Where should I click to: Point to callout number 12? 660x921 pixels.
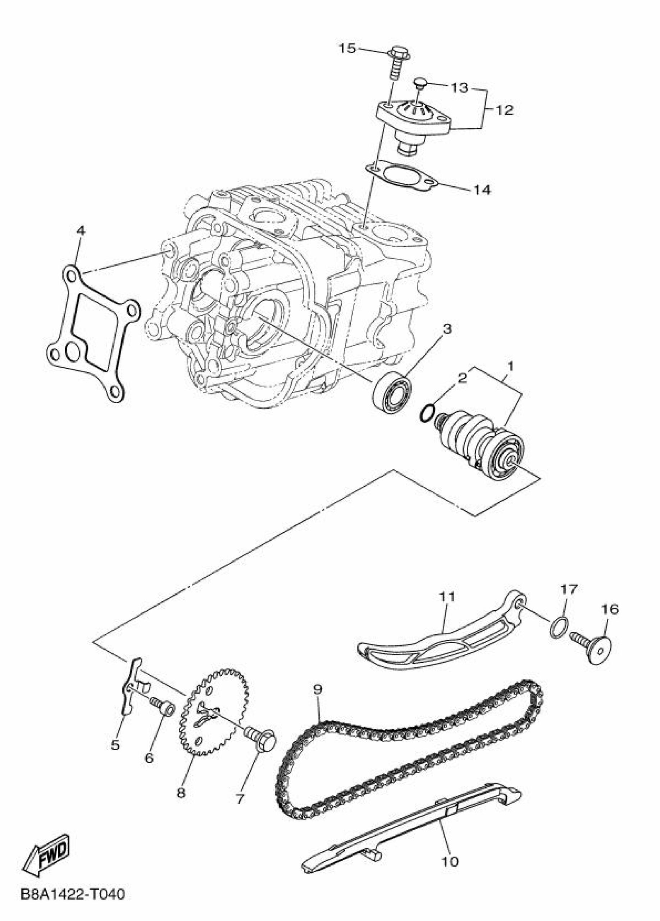[504, 110]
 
